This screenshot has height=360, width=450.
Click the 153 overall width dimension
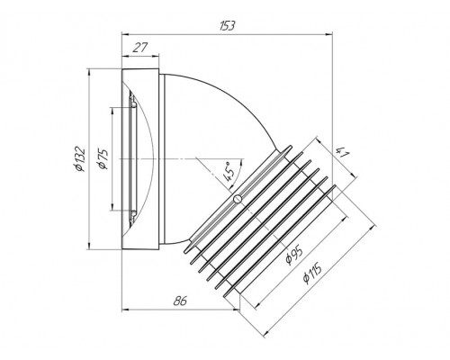(227, 26)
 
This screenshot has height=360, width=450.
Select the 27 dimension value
(140, 48)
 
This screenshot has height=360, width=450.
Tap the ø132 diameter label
(80, 159)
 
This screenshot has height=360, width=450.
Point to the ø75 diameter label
(103, 159)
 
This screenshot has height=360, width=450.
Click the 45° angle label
(229, 172)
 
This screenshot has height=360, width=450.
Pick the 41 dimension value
(342, 153)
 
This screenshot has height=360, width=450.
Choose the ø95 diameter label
(293, 256)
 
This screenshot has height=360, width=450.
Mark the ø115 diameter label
(312, 273)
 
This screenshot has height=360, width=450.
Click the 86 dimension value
(180, 301)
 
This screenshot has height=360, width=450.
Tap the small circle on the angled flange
(238, 199)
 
